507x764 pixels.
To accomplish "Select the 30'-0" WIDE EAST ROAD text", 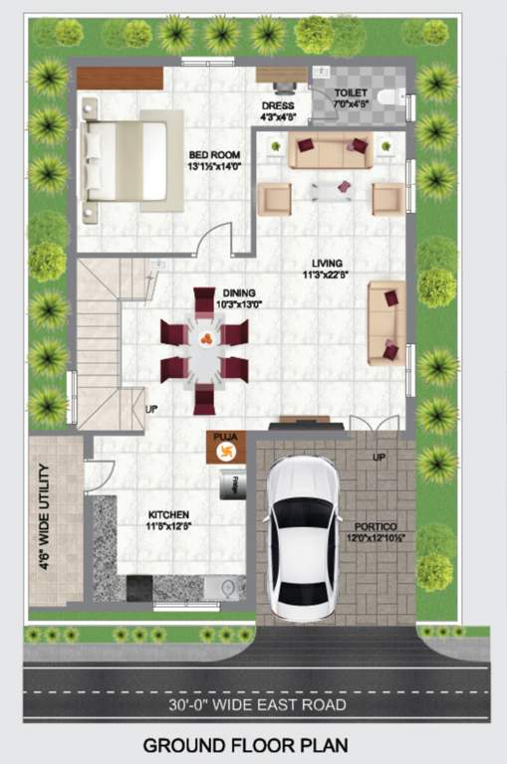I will point(257,705).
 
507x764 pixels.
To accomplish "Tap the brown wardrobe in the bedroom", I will point(120,77).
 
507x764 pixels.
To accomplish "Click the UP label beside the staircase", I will point(151,409).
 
